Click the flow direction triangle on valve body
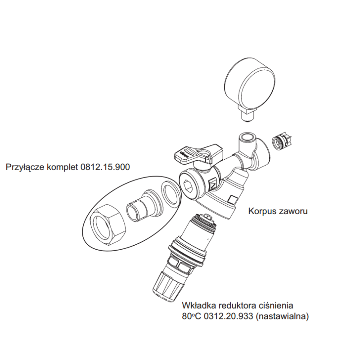tap(212, 184)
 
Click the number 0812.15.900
tap(105, 167)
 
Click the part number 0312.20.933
tap(228, 316)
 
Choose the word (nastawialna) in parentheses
tap(282, 316)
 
